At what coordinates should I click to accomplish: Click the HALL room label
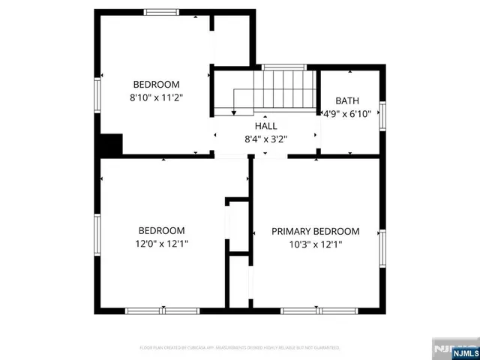click(266, 126)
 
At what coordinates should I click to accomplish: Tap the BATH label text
click(347, 100)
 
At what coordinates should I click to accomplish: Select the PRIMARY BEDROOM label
click(315, 231)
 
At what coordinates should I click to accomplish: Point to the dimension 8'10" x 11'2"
click(157, 97)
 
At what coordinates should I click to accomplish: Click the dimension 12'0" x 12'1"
click(161, 244)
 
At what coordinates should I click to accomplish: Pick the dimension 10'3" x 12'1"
click(315, 244)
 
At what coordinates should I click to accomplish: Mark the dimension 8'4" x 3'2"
click(266, 139)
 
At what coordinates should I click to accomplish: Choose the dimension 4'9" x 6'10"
click(347, 114)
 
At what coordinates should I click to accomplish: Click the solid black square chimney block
click(112, 144)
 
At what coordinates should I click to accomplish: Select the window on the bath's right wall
click(382, 114)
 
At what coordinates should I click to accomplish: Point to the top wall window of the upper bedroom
click(161, 11)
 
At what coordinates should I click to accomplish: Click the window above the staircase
click(283, 67)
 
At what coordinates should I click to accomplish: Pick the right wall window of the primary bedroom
click(382, 249)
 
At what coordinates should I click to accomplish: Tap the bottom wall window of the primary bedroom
click(308, 310)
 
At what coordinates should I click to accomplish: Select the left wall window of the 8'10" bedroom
click(97, 95)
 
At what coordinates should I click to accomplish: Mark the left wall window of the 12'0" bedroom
click(97, 234)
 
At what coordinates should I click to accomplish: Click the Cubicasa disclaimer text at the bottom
click(239, 348)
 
